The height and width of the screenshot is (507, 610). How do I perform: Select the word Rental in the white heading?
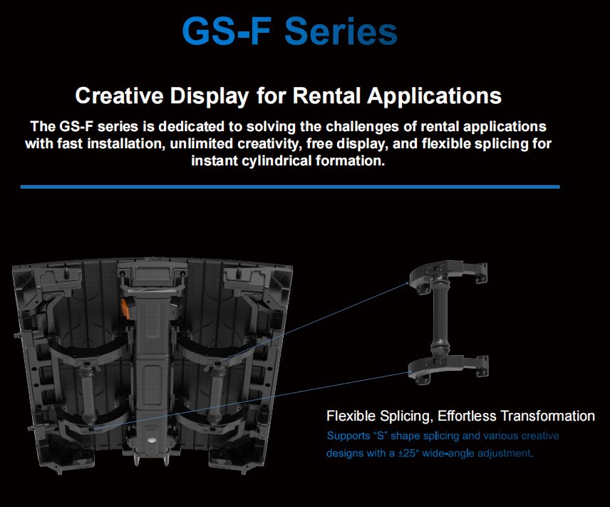click(338, 96)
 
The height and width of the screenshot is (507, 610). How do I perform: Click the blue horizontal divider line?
click(289, 187)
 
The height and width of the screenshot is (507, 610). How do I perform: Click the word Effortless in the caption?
click(467, 416)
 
